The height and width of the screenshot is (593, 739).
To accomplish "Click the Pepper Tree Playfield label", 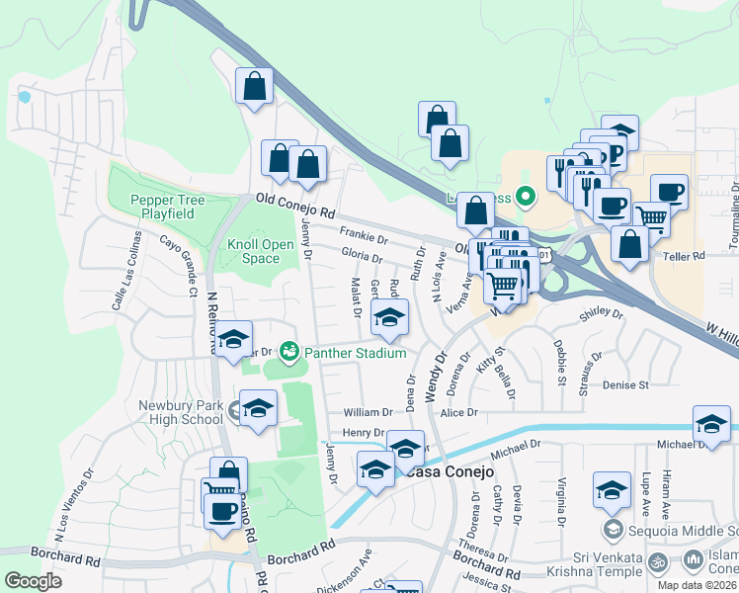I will (x=168, y=207).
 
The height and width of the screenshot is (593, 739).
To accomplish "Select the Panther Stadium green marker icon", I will (x=289, y=351).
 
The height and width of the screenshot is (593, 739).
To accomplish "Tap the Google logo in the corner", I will (x=33, y=580).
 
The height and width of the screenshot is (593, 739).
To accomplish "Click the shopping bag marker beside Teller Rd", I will (x=629, y=244).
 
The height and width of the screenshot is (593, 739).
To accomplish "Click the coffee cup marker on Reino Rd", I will (x=223, y=510).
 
